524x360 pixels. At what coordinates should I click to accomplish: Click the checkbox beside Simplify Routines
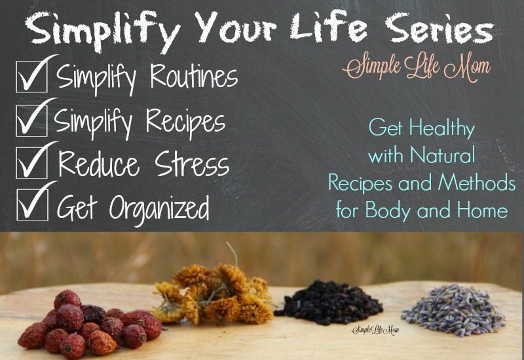click(31, 77)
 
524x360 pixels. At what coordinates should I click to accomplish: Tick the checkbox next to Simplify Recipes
click(31, 120)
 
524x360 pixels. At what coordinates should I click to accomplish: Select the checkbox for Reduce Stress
click(32, 162)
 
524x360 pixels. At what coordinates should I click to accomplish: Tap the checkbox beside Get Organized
click(32, 204)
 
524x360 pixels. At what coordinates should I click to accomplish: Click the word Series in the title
click(439, 29)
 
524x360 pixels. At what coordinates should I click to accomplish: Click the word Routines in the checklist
click(194, 76)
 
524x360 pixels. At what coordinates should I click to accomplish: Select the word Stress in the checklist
click(192, 164)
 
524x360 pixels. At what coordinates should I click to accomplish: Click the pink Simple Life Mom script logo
click(417, 67)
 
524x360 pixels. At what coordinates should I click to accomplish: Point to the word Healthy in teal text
click(441, 128)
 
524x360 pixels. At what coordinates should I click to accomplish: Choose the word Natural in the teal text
click(443, 154)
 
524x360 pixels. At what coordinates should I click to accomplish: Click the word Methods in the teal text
click(477, 183)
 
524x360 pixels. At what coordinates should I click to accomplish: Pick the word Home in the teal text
click(482, 209)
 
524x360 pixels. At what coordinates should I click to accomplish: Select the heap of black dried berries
click(329, 303)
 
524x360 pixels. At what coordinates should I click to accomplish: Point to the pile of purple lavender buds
click(453, 309)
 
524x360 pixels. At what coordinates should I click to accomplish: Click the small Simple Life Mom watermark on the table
click(375, 331)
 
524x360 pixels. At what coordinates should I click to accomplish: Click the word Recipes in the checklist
click(185, 121)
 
